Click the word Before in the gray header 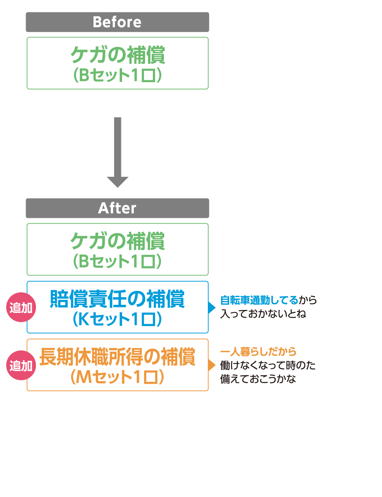click(x=117, y=22)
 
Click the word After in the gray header click(x=117, y=208)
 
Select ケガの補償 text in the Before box click(x=117, y=55)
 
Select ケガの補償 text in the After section click(x=117, y=241)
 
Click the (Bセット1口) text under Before click(x=117, y=75)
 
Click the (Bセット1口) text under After click(x=117, y=262)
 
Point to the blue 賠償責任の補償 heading click(x=117, y=299)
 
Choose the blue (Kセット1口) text click(x=117, y=319)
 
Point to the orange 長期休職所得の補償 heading click(x=117, y=357)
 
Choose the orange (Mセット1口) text click(x=117, y=377)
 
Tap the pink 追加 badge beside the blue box click(x=21, y=307)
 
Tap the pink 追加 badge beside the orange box click(x=21, y=365)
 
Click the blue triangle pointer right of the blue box click(x=212, y=307)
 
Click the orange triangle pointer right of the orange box click(x=212, y=365)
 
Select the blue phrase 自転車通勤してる click(x=259, y=300)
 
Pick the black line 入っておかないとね click(x=263, y=314)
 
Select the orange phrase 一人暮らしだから click(x=258, y=352)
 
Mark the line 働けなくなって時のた click(x=268, y=365)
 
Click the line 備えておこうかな click(x=258, y=379)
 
